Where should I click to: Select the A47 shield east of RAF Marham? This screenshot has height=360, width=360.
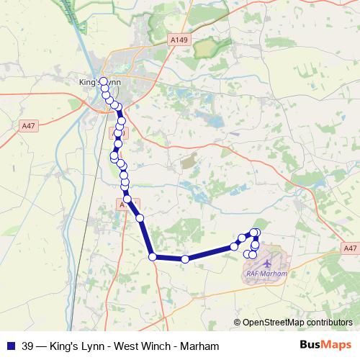(350, 248)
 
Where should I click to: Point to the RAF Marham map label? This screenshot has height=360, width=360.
(267, 274)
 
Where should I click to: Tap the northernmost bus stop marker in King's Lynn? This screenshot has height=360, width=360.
(103, 81)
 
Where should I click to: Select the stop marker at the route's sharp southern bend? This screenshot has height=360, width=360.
(153, 256)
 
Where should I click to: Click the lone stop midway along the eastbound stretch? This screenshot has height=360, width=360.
(185, 259)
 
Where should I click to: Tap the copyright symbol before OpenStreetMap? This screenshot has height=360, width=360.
(237, 323)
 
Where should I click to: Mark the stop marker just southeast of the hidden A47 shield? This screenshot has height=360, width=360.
(140, 217)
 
